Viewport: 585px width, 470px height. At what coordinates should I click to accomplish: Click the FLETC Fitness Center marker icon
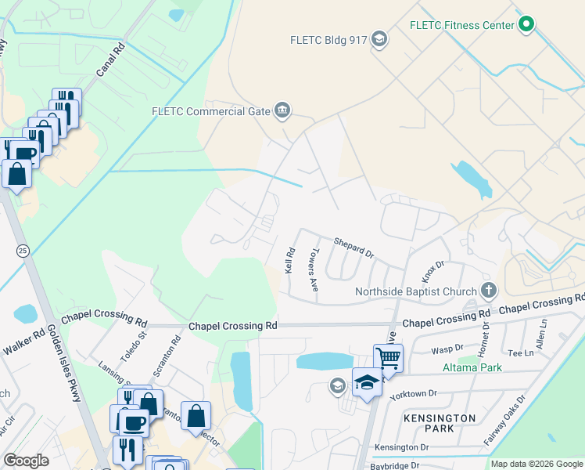(x=526, y=25)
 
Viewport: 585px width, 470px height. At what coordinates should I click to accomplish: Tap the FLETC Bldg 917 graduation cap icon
(x=379, y=40)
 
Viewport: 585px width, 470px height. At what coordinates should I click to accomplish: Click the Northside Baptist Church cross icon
(x=488, y=291)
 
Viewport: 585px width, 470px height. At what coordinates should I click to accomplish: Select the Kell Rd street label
(x=289, y=260)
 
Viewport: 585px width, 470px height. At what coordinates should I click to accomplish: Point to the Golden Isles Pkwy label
(x=66, y=364)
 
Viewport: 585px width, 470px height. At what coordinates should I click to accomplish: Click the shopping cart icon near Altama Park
(x=388, y=359)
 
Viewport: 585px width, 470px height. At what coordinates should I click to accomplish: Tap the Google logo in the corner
(x=26, y=461)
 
